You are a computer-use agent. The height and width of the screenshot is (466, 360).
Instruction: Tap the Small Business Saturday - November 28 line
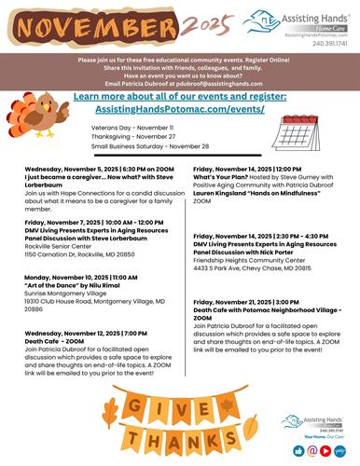coord(148,146)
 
